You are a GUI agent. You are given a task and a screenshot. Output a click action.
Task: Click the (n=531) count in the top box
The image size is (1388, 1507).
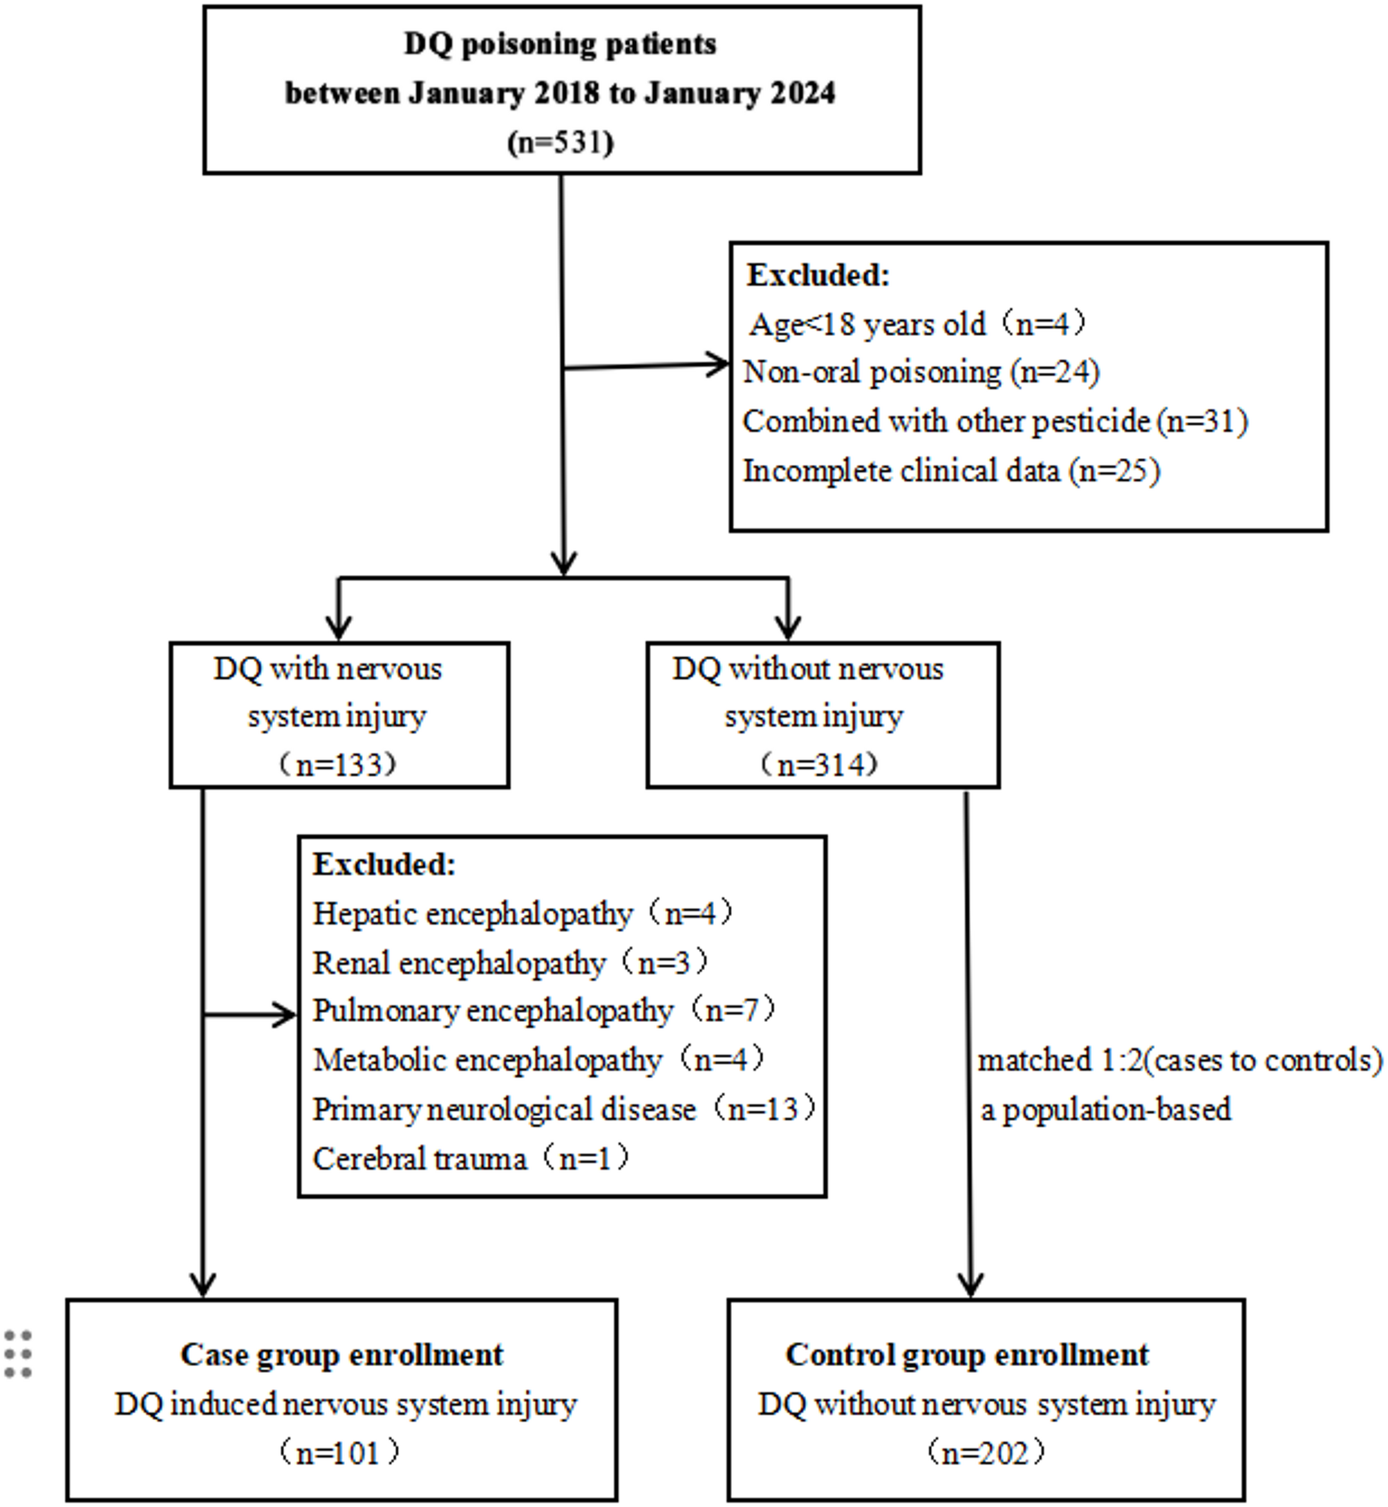click(x=561, y=142)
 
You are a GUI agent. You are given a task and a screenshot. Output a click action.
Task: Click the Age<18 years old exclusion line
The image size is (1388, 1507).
click(x=918, y=324)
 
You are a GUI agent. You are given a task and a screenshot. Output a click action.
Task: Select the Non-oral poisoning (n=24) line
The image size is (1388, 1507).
click(x=921, y=372)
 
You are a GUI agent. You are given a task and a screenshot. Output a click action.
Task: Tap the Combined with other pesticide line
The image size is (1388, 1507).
click(x=995, y=421)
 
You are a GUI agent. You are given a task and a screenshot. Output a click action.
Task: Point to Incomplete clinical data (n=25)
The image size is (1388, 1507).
click(x=951, y=471)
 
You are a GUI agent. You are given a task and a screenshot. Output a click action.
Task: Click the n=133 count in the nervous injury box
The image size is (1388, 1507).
click(x=337, y=764)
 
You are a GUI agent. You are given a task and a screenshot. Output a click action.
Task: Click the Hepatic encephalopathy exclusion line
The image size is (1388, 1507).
click(x=522, y=914)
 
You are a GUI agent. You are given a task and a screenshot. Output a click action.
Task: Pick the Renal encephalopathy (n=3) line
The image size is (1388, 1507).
click(x=510, y=963)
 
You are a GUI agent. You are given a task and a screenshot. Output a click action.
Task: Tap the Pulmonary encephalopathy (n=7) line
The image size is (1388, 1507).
click(x=544, y=1012)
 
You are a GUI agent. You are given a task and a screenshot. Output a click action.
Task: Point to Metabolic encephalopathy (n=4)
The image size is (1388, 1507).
click(x=538, y=1060)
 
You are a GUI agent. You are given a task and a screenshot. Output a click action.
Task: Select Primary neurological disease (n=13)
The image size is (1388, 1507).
click(x=563, y=1109)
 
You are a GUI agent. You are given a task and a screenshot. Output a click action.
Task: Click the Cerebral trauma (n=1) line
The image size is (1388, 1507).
click(x=470, y=1159)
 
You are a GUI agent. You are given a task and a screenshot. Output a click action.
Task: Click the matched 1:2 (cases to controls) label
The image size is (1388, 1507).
click(x=1179, y=1060)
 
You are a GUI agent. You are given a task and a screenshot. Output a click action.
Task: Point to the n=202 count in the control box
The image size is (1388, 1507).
click(x=986, y=1453)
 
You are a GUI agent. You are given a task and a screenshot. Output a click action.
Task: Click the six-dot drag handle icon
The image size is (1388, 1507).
click(x=18, y=1354)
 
